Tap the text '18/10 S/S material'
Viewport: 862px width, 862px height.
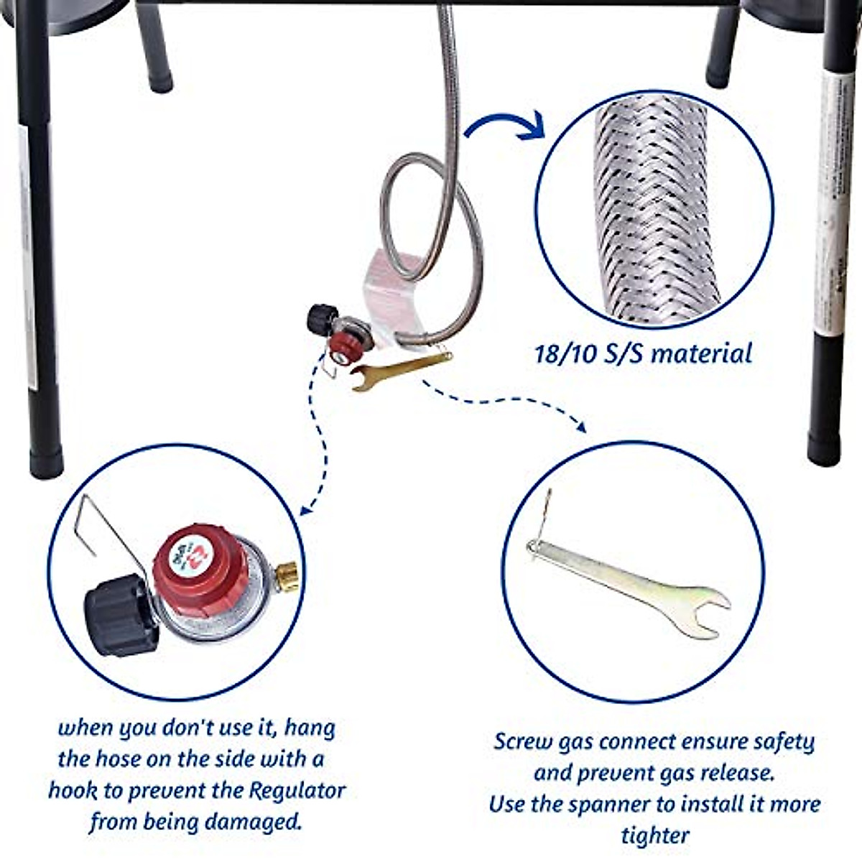click(643, 353)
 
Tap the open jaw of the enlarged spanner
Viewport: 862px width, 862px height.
click(708, 611)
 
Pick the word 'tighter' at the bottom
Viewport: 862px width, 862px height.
click(654, 835)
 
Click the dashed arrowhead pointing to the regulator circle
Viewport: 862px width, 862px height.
click(306, 510)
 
